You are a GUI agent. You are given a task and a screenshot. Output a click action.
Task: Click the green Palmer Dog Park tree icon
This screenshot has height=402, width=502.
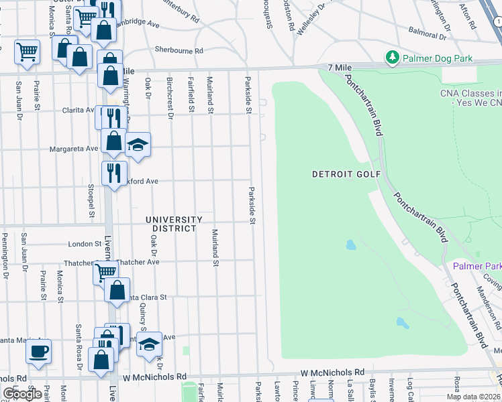coord(392,58)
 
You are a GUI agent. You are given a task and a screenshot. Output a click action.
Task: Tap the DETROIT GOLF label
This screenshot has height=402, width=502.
coord(346,174)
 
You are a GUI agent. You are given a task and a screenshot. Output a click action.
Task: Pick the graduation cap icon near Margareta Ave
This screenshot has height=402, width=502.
coord(138,145)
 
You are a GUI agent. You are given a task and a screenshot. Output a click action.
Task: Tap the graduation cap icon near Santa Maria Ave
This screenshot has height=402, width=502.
coord(150,344)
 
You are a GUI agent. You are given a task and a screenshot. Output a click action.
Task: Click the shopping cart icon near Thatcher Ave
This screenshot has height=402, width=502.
coord(105,272)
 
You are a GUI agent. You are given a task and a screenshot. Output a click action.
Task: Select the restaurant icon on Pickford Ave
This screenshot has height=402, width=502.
coord(114,174)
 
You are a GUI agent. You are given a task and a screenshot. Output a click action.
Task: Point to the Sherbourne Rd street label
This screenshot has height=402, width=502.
coord(179,50)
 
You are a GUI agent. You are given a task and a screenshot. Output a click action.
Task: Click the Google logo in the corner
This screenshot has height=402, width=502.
coord(22,394)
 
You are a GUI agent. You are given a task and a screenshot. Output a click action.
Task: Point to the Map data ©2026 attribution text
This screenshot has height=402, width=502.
coord(474,397)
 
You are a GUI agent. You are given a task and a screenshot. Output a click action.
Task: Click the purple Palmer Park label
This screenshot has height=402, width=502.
coord(476,266)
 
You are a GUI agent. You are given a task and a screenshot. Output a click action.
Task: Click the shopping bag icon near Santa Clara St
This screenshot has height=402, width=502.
coord(117,291)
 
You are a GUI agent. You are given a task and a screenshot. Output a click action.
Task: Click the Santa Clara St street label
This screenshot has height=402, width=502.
coord(145,297)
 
